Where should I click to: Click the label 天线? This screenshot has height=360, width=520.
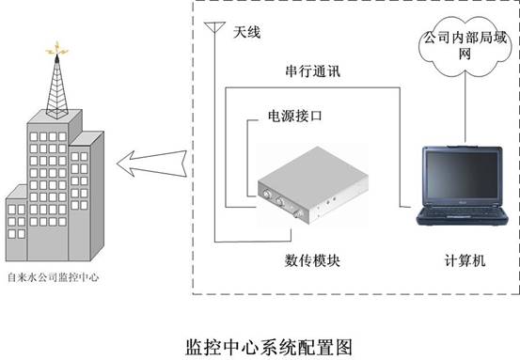[246, 32]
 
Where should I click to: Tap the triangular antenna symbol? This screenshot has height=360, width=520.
[214, 27]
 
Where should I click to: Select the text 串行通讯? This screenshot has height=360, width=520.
[313, 71]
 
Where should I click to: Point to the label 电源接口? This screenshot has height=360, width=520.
[295, 116]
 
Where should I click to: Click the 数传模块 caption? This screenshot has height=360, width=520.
[312, 260]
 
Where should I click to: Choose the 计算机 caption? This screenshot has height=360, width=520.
[465, 260]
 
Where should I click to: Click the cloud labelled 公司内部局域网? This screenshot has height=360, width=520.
[465, 46]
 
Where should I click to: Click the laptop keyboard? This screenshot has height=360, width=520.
[462, 212]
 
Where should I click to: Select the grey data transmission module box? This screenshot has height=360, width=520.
[313, 185]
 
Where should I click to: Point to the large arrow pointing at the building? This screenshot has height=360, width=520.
[152, 164]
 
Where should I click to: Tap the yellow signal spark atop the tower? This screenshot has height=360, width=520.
[57, 49]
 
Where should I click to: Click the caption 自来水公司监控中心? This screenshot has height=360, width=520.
[53, 277]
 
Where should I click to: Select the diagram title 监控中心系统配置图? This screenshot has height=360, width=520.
[269, 347]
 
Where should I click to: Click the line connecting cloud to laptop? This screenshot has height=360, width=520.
[465, 110]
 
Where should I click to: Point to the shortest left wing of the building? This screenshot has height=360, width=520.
[17, 223]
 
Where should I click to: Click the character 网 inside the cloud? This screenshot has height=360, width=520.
[465, 54]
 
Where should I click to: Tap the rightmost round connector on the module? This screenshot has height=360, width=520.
[298, 214]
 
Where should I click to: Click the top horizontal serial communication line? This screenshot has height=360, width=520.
[313, 87]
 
